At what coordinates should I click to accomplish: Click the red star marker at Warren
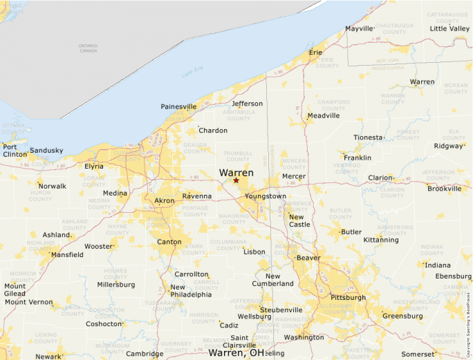pos(236,180)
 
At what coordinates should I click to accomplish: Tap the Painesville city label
pos(178,106)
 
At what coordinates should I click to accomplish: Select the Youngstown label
pos(265,196)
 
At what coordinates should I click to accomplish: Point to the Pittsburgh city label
pos(349,297)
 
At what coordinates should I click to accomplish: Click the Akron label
pos(165,200)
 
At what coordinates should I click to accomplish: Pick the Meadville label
pos(324,115)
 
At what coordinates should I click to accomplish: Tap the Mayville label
pos(359,29)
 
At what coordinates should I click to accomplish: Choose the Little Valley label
pos(449,28)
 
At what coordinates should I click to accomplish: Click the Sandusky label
pos(46,150)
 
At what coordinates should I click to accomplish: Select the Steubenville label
pos(281,310)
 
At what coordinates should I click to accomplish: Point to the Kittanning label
pos(381,240)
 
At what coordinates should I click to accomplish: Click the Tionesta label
pos(368,137)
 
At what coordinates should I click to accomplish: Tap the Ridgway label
pos(448,146)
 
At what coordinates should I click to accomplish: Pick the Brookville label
pos(444,188)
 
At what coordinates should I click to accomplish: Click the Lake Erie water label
pos(193,73)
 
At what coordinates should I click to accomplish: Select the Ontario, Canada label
pos(88,48)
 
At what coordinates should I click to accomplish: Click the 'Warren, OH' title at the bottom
pos(236,352)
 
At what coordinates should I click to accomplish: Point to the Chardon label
pos(212,130)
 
